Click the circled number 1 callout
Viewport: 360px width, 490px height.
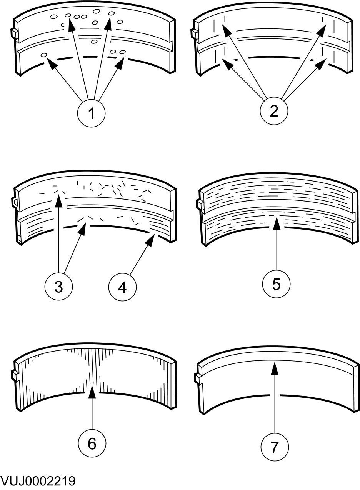(x=92, y=114)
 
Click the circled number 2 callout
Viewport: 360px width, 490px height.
(x=274, y=112)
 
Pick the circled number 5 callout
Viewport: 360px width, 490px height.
(x=277, y=284)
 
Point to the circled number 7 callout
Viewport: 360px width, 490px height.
(x=275, y=447)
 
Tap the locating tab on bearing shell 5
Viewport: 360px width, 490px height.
(x=198, y=203)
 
